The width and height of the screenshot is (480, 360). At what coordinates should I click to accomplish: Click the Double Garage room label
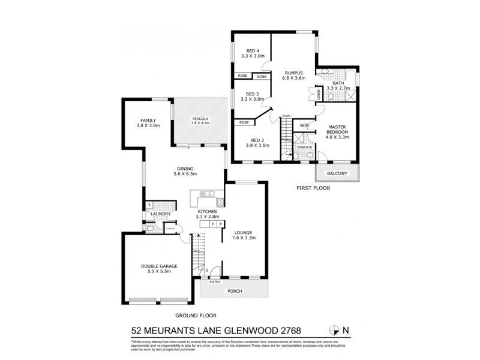click(157, 269)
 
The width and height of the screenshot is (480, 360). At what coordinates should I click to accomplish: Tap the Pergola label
click(200, 120)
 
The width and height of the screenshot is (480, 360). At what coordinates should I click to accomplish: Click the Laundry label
click(161, 214)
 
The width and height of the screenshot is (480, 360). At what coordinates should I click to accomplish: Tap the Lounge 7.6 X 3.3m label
click(244, 236)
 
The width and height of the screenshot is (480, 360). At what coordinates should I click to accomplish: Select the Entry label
click(214, 281)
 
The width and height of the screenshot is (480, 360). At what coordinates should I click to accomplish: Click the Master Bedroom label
click(337, 131)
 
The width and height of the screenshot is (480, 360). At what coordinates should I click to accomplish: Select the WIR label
click(304, 125)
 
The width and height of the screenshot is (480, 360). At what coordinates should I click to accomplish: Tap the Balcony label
click(337, 173)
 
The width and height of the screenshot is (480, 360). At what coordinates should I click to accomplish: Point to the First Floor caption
click(313, 188)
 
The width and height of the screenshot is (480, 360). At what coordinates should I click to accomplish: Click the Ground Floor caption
click(196, 315)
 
